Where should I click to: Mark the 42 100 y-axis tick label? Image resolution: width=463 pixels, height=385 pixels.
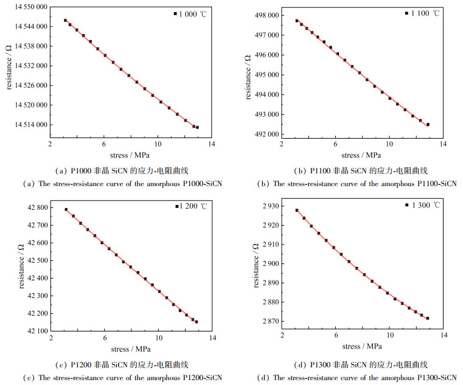tap(37, 331)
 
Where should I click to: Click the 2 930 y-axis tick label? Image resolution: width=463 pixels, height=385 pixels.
tap(270, 206)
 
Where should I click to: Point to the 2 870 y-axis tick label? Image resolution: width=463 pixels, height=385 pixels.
tap(270, 321)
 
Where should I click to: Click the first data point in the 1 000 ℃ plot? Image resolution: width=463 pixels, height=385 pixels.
tap(65, 20)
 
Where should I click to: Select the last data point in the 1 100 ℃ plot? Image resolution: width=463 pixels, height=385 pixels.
tap(428, 124)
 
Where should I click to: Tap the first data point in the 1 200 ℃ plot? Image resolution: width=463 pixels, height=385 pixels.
tap(66, 209)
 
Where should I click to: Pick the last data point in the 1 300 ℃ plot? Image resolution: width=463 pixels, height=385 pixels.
tap(428, 318)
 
